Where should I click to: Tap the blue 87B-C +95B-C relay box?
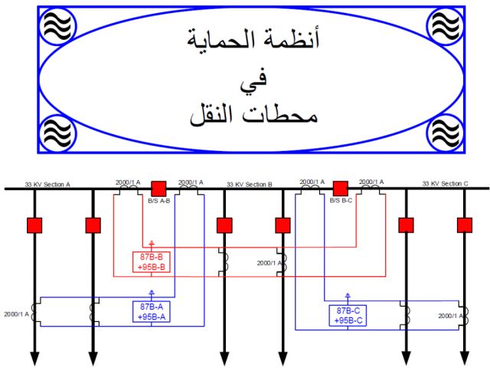[348, 315]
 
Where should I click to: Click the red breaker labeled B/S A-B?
[158, 188]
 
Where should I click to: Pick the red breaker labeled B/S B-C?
[341, 188]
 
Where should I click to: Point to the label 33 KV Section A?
[47, 184]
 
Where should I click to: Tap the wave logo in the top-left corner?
[57, 25]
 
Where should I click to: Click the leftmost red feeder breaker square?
[34, 225]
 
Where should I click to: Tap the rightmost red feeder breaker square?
[464, 225]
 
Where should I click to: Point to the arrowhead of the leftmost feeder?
[34, 359]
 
